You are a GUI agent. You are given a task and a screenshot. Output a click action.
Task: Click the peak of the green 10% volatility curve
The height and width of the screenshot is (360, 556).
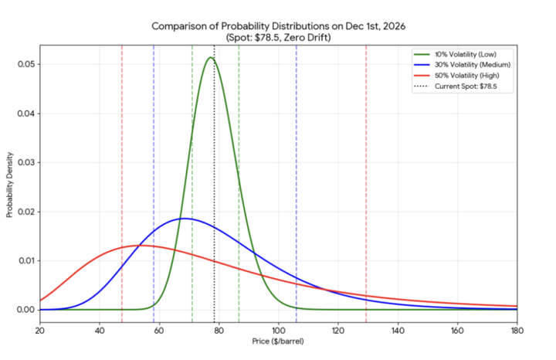tap(210, 58)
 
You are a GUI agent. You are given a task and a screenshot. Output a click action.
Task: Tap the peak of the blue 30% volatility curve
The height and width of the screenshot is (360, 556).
tap(185, 219)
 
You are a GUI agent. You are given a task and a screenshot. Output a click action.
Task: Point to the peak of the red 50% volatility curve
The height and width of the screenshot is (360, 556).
tap(139, 246)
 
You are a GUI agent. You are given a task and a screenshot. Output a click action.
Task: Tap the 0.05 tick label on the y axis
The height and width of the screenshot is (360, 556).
tap(25, 64)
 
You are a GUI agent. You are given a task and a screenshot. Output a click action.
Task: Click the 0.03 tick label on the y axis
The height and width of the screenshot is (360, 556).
tap(25, 162)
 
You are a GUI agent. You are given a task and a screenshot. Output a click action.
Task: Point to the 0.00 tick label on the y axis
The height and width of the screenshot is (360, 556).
tap(25, 310)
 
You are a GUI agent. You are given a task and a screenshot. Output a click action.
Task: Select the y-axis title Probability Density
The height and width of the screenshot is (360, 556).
tap(9, 183)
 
